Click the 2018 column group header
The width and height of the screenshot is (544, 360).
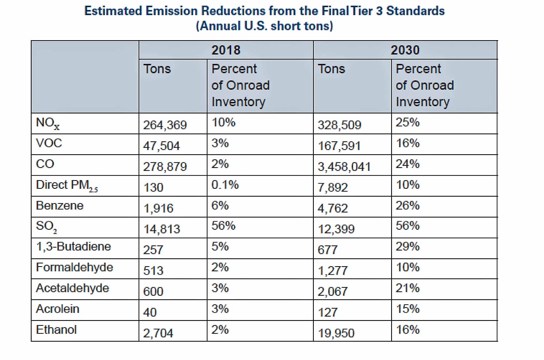[x=226, y=50]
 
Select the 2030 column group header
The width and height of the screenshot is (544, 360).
[x=405, y=50]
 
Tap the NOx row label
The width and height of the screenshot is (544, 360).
[x=48, y=124]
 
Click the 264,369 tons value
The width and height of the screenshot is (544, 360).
[x=165, y=125]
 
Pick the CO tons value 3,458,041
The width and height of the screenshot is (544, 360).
[x=344, y=167]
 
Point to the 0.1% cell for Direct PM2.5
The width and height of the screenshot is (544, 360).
[x=225, y=185]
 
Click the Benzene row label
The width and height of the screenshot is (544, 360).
[x=60, y=206]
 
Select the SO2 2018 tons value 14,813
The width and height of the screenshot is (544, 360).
[x=162, y=229]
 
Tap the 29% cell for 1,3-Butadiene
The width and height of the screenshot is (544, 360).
[x=407, y=247]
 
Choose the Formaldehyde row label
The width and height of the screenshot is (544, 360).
[x=74, y=268]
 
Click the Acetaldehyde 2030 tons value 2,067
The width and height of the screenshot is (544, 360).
[x=332, y=292]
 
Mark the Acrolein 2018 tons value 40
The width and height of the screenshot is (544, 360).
[x=150, y=312]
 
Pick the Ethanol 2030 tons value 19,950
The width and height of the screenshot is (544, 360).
[x=336, y=333]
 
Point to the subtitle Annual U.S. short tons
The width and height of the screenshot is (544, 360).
[x=264, y=26]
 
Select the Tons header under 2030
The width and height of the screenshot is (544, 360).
[x=331, y=69]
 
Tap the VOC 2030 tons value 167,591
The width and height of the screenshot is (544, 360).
[x=339, y=146]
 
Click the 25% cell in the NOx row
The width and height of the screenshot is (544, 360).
[x=407, y=122]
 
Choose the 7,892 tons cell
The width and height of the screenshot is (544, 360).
[x=332, y=187]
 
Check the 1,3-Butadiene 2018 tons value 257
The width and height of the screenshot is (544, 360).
[x=153, y=250]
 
